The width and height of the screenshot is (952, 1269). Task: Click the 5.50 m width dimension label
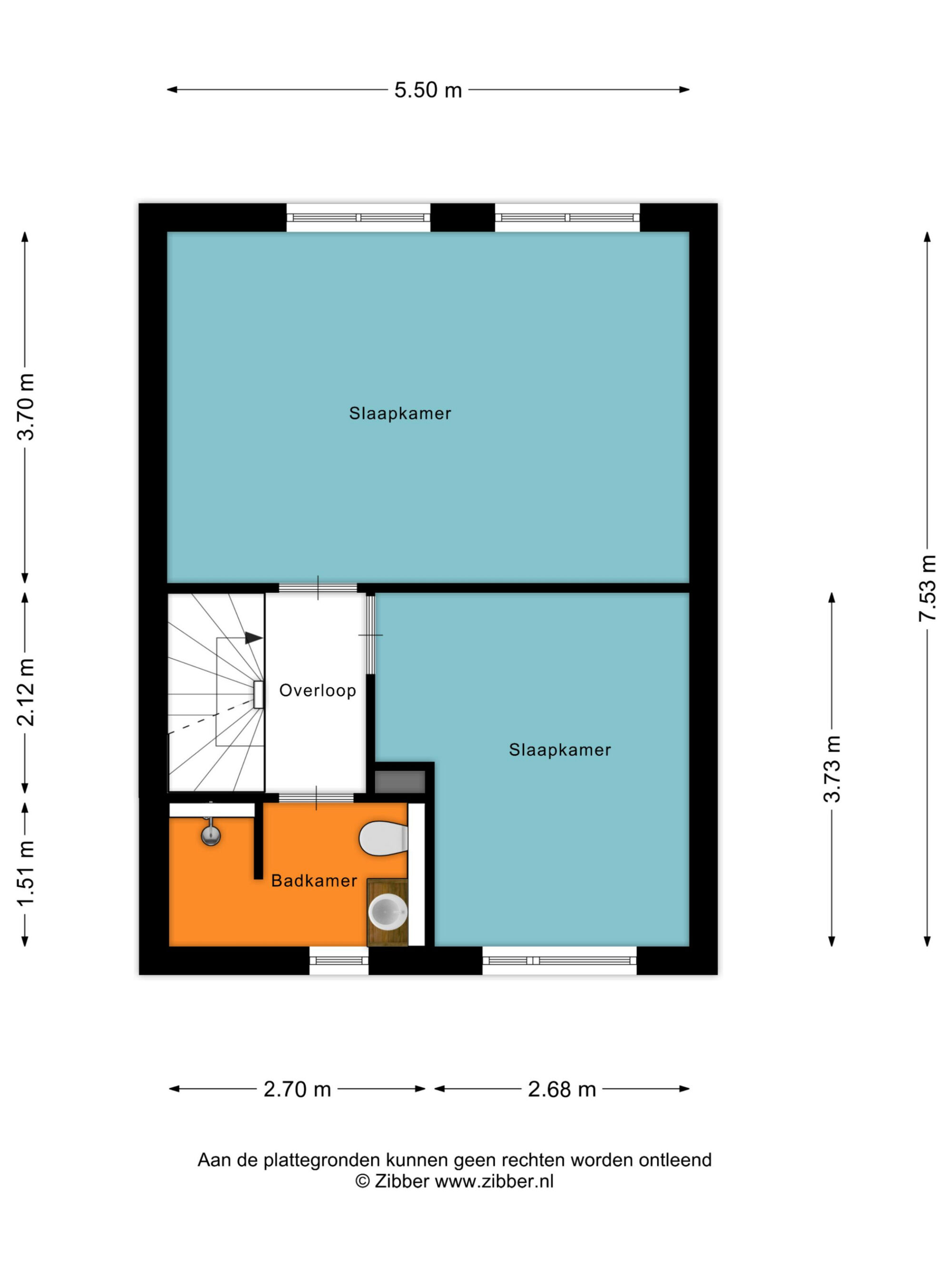coord(428,90)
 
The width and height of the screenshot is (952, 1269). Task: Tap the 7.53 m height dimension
coord(927,588)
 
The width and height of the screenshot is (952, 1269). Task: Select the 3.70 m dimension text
coord(26,407)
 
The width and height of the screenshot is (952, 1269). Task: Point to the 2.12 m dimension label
coord(26,692)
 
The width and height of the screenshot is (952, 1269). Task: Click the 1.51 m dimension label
coord(26,874)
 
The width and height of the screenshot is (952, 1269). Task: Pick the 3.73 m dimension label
coord(832,769)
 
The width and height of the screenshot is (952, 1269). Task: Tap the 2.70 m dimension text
coord(297,1090)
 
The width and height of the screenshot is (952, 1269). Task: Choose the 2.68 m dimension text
coord(562,1090)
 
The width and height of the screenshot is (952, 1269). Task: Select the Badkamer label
coord(314,881)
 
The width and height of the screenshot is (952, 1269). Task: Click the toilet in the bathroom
coord(383,839)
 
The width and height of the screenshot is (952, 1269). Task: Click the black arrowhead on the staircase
coord(254,638)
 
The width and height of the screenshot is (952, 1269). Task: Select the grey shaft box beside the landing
coord(399,781)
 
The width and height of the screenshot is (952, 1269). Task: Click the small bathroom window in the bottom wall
coord(338,960)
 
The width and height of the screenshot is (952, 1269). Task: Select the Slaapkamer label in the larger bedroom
coord(400,413)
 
